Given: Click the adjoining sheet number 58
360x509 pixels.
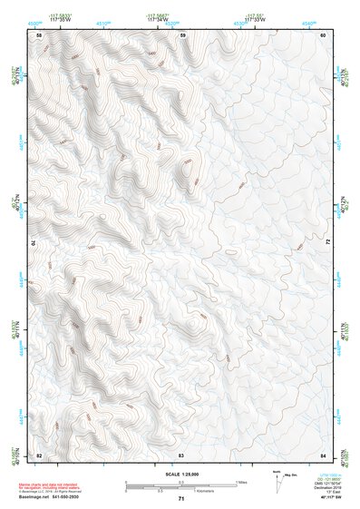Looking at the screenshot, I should point(39,34).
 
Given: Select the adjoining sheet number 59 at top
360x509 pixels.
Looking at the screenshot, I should point(182,34).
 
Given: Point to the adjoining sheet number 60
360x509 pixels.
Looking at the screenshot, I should point(324,34).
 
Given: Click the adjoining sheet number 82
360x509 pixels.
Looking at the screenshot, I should point(39,455).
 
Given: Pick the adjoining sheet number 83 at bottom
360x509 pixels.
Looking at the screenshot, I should point(181,455).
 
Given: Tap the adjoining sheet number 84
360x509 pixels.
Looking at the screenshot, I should point(324,455).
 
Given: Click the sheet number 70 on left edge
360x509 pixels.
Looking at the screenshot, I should point(36,243).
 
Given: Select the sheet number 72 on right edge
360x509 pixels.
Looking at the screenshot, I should point(327,243).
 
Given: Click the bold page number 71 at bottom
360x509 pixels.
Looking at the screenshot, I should point(181,499).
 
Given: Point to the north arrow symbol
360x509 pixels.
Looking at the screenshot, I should point(277,478).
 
